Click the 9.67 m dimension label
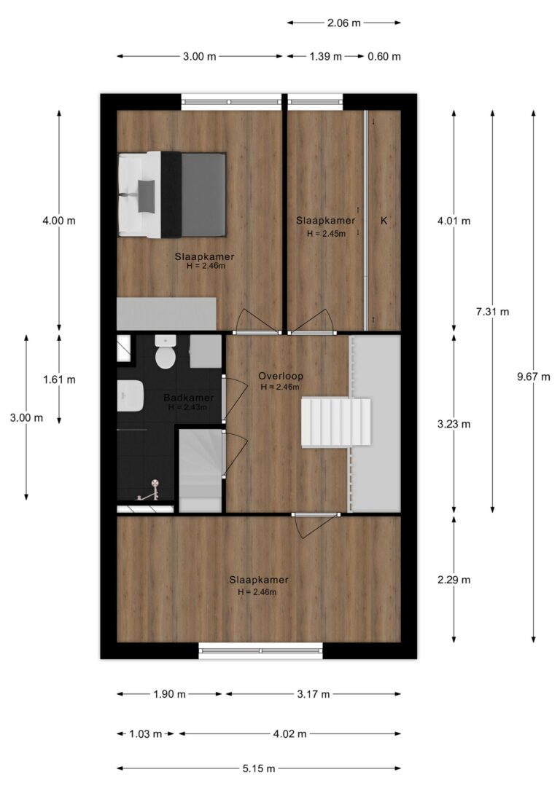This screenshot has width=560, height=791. (x=533, y=377)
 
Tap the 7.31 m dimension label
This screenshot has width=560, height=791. (x=492, y=312)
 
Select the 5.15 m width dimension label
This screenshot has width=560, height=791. (x=259, y=769)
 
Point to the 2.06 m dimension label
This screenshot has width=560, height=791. (x=344, y=23)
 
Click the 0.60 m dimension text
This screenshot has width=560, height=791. (x=384, y=57)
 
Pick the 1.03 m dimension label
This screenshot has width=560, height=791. (x=145, y=734)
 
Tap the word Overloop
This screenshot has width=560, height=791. (x=281, y=377)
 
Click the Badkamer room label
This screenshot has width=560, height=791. (x=188, y=398)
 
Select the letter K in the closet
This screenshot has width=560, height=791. (x=384, y=221)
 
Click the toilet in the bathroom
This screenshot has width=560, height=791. (x=165, y=351)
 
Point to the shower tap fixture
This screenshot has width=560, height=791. (x=149, y=492)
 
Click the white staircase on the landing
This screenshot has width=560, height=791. (x=336, y=422)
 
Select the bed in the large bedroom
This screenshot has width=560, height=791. (x=171, y=194)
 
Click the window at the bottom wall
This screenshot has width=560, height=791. (x=260, y=650)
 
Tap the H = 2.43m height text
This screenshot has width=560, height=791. (x=187, y=407)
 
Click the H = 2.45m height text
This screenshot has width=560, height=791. (x=326, y=234)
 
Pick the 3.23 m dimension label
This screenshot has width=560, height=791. (x=454, y=424)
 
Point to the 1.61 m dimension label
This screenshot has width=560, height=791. (x=59, y=380)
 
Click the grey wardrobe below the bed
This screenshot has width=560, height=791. (x=167, y=314)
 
